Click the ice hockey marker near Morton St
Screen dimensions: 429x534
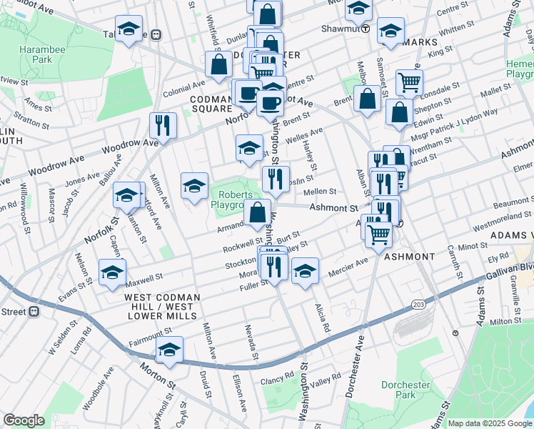click(x=169, y=350)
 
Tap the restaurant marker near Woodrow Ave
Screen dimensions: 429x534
click(x=163, y=126)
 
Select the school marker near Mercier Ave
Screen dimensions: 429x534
click(x=305, y=272)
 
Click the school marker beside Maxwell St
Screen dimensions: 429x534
click(x=113, y=273)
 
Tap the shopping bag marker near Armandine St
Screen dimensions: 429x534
click(x=257, y=212)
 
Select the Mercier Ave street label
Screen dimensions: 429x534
click(x=348, y=272)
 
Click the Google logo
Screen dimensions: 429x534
click(x=24, y=420)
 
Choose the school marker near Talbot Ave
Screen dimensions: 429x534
click(x=129, y=29)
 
